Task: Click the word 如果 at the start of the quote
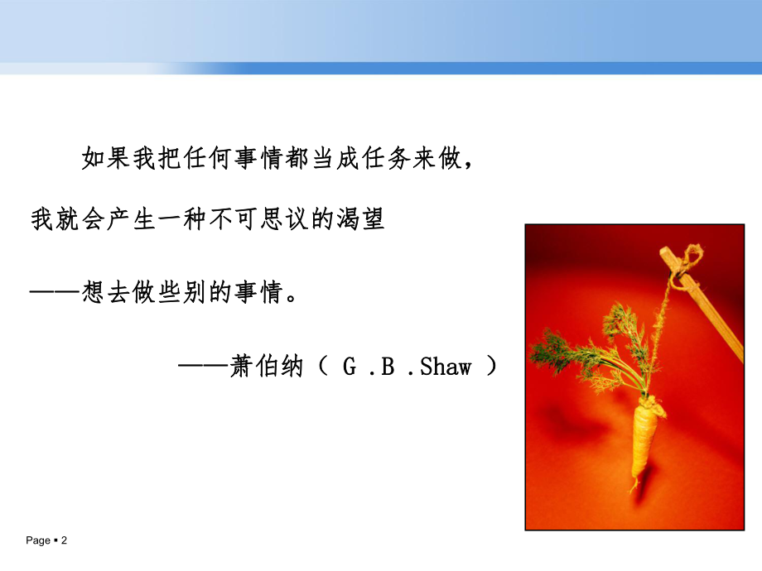click(x=108, y=157)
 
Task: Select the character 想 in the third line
click(x=94, y=291)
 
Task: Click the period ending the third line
click(x=290, y=296)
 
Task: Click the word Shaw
click(x=446, y=366)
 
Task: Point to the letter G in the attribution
click(x=349, y=366)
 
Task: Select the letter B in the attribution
click(x=386, y=366)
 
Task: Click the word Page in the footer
click(x=38, y=540)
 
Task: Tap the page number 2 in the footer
click(x=64, y=540)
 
